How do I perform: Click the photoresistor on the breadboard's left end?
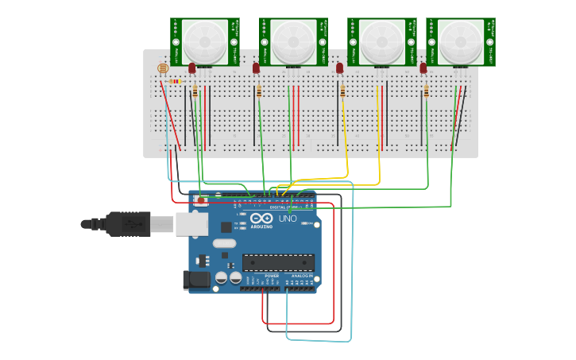(164, 68)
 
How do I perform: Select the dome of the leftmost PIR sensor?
(204, 41)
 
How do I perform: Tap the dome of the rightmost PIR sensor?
(460, 41)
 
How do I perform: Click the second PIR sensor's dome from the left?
(293, 41)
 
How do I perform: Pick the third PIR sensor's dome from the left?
(382, 41)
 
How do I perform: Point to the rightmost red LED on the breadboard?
(423, 68)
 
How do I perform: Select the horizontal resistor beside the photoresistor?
(176, 81)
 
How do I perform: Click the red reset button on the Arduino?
(201, 201)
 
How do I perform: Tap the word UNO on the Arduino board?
(287, 219)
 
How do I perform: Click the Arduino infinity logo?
(261, 219)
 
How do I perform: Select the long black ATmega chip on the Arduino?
(278, 262)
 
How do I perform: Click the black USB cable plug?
(127, 224)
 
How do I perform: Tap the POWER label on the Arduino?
(261, 276)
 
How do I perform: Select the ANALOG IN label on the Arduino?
(301, 276)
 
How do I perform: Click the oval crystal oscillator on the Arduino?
(225, 244)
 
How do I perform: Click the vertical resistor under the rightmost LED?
(426, 92)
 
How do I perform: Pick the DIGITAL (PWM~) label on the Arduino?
(284, 207)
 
